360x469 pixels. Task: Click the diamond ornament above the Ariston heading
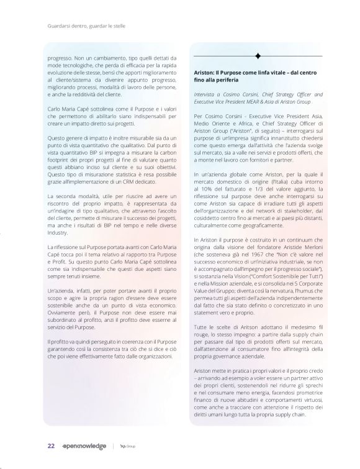coord(258,57)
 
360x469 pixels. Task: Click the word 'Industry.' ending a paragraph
coord(58,234)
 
